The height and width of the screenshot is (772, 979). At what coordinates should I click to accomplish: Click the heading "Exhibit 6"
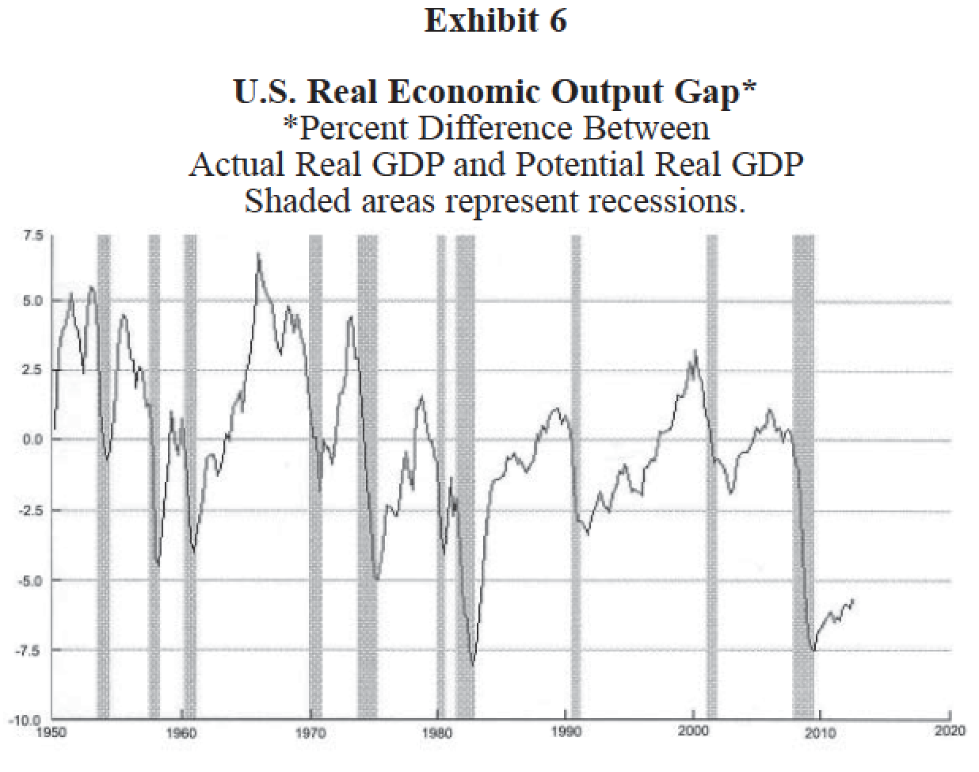[495, 21]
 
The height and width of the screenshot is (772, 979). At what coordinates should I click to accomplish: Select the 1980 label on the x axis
[437, 732]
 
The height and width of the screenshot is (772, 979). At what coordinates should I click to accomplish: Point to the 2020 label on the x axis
[949, 732]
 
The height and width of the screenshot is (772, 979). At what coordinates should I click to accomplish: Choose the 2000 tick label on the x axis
[693, 732]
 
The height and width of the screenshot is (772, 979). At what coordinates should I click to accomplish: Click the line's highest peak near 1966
[257, 254]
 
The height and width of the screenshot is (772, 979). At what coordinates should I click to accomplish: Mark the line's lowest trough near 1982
[473, 666]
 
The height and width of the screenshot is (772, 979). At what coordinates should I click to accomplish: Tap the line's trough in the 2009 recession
[813, 651]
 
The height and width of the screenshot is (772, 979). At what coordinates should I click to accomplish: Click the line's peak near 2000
[695, 350]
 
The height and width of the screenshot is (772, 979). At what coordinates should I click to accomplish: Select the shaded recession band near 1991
[576, 476]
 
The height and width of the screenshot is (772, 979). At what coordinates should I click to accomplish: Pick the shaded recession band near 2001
[711, 476]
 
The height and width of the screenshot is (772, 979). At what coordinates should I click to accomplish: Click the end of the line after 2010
[853, 600]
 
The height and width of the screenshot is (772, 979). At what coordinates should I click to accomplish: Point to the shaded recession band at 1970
[315, 476]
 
